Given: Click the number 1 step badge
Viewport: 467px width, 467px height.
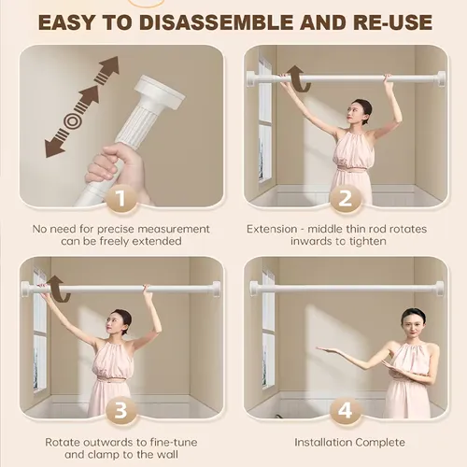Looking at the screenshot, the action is click(x=121, y=198).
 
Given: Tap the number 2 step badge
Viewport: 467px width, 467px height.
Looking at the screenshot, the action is click(x=346, y=198).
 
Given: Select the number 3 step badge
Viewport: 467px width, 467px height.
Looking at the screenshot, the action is click(x=121, y=410).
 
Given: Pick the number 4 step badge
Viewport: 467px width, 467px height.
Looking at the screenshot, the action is click(x=346, y=410).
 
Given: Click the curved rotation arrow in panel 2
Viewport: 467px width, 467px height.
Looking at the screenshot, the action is click(x=300, y=78).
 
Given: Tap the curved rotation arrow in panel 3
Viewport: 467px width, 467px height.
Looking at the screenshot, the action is click(x=59, y=289).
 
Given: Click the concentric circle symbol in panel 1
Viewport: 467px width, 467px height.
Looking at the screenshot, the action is click(x=72, y=121).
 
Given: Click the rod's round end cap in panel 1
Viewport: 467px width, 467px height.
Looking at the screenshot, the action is click(x=160, y=91).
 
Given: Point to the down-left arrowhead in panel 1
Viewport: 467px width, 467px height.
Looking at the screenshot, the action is click(x=54, y=148).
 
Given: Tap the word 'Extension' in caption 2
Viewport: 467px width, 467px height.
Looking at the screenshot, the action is click(x=272, y=229).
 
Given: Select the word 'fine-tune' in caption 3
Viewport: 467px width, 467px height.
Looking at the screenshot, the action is click(x=174, y=442).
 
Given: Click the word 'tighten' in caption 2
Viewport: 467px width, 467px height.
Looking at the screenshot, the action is click(x=367, y=241).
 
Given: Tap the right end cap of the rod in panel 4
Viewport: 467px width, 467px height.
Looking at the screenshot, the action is click(x=440, y=289).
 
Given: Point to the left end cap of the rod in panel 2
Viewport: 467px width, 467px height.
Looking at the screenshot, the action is click(x=251, y=78).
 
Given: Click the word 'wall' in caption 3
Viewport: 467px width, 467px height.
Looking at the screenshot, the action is click(x=166, y=454).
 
